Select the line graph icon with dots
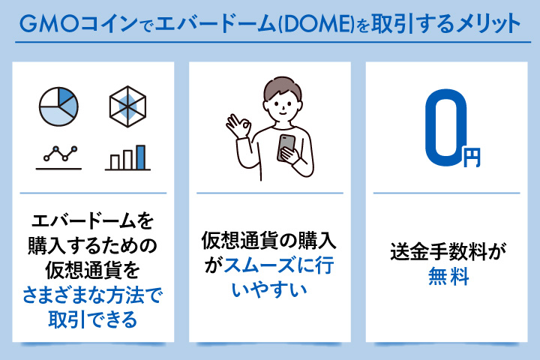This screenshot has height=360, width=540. click(x=58, y=155)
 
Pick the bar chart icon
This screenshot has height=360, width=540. click(x=127, y=157)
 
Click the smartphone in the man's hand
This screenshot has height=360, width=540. click(x=286, y=147)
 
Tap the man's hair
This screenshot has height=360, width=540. click(x=278, y=85)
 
